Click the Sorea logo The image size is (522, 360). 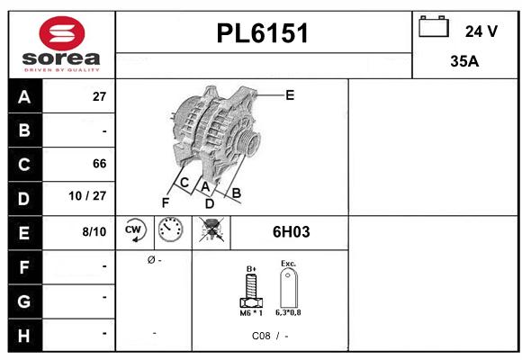pos(61,44)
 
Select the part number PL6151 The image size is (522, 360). pos(263,34)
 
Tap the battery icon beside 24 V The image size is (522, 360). pos(434,28)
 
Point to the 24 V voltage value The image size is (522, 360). pos(481,31)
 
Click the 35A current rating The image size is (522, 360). pos(463,62)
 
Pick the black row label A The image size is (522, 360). pos(23,97)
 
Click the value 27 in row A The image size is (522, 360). pos(99,97)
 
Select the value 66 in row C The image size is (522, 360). pos(99,164)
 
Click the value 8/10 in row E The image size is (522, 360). pos(94,232)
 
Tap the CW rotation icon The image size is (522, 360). pos(135,231)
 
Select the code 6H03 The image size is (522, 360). pos(291,232)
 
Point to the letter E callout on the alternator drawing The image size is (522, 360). pos(290,94)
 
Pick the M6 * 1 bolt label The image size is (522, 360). pos(251,312)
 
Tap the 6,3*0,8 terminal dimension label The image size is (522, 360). pos(289,312)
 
